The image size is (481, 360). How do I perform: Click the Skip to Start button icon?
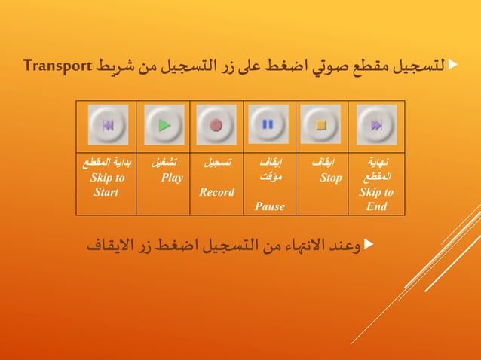coord(108,125)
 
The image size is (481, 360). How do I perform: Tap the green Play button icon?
coord(164,125)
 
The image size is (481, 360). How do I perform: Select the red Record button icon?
coord(216,125)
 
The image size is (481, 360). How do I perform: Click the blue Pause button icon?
coord(268,125)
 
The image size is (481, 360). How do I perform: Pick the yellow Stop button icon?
coord(321,125)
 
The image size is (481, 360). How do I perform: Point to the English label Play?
coord(172,178)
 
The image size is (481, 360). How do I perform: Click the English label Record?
coord(217,192)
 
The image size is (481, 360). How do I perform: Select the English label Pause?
coord(270,206)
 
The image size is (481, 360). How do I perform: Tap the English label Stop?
coord(330,178)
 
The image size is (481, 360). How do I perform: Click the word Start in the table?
coord(106,192)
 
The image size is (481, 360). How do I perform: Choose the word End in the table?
coord(377,206)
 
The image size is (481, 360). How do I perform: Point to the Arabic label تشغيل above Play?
coord(165,163)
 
